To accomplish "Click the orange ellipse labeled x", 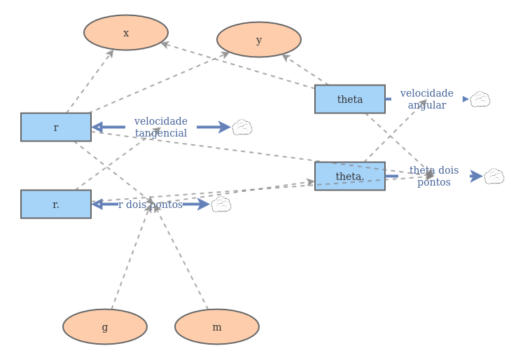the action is pos(126,32).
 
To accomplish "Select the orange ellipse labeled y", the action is pos(259,39).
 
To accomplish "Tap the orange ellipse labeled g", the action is pos(105,326).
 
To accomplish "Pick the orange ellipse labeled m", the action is pos(217,326).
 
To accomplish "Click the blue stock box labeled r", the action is pos(56,127).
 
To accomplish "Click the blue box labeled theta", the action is pos(350,99).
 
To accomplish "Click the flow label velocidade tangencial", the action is pos(161,127).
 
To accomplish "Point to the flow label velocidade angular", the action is pos(427,99).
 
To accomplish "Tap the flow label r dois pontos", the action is pos(150,205).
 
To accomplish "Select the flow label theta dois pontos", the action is pos(434,176).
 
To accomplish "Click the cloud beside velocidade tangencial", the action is pos(242,127).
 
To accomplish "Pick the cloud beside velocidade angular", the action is pos(480,99).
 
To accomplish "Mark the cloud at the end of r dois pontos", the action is pos(221,205).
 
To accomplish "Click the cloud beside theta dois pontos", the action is pos(494,176).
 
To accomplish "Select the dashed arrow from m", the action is pos(181,256).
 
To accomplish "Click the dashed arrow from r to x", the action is pos(90,81).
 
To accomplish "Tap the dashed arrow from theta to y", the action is pos(305,69).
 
